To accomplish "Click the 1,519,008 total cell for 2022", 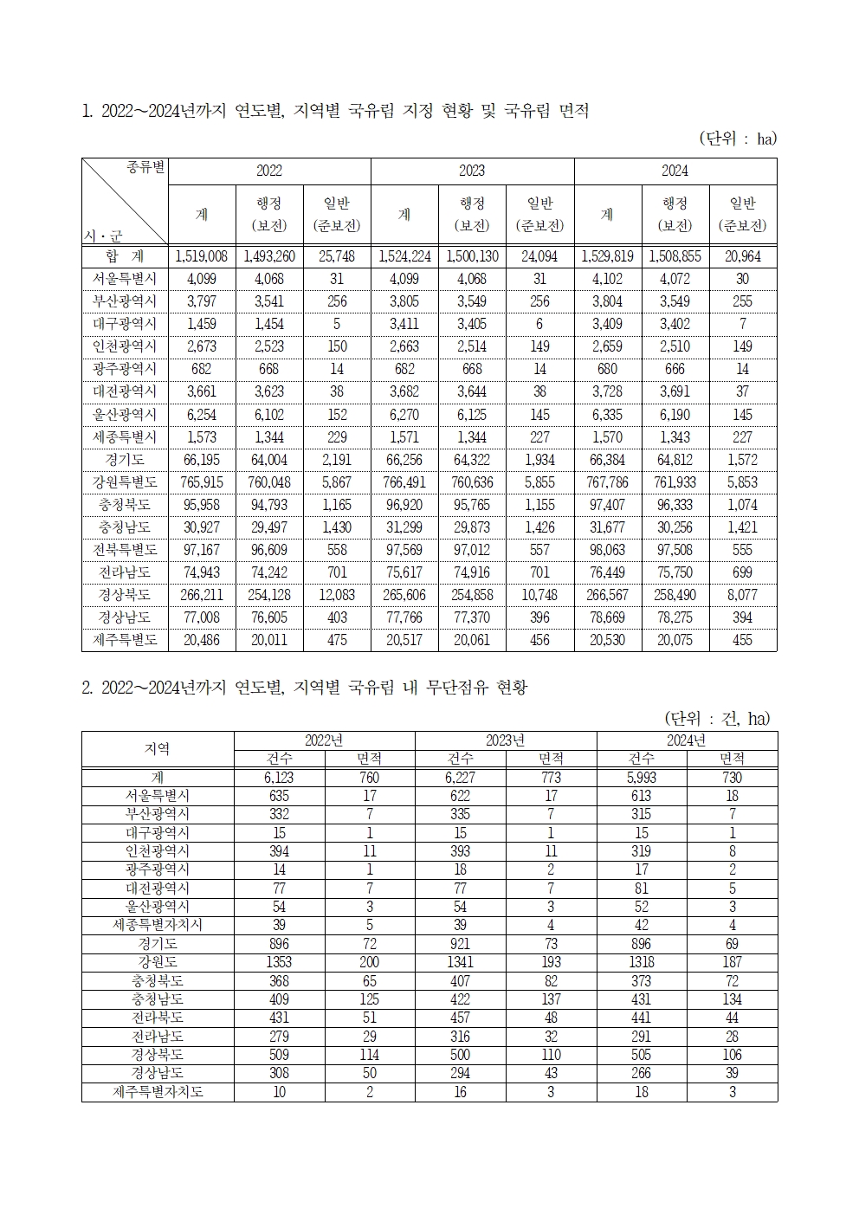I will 201,256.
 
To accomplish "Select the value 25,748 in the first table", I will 337,256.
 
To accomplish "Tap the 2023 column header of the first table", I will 472,171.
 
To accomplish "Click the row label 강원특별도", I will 125,482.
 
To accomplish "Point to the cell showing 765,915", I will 201,482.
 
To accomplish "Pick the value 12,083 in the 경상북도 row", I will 337,595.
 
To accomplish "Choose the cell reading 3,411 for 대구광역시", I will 404,324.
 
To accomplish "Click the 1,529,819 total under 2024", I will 607,256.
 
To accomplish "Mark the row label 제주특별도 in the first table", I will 125,640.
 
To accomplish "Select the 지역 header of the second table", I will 158,749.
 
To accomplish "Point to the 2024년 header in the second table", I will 686,740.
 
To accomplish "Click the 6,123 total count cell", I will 279,778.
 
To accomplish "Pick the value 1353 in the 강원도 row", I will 279,962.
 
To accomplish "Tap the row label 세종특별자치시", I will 158,925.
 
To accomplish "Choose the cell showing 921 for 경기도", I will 461,944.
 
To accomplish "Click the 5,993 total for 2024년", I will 641,778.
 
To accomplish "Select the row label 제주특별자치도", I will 158,1092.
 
